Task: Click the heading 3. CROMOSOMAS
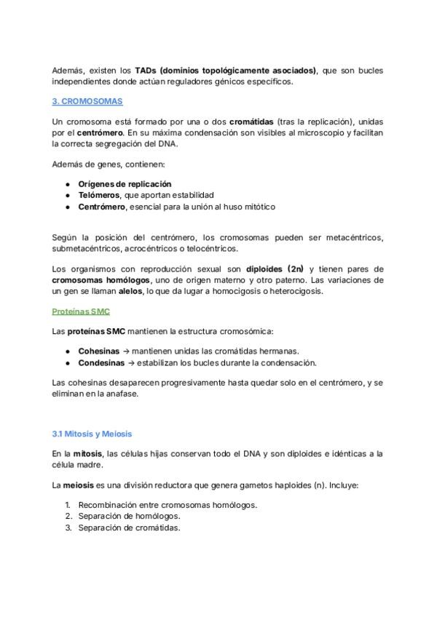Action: point(87,101)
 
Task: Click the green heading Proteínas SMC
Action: point(80,311)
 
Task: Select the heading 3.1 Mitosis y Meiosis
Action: point(92,434)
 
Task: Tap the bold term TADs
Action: point(146,71)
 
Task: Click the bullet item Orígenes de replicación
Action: point(125,184)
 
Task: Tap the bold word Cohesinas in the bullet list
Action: point(99,351)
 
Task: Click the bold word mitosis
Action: point(87,453)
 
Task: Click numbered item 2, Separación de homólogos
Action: point(129,516)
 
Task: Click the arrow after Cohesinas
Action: point(127,351)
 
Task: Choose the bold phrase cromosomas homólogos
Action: point(101,280)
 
